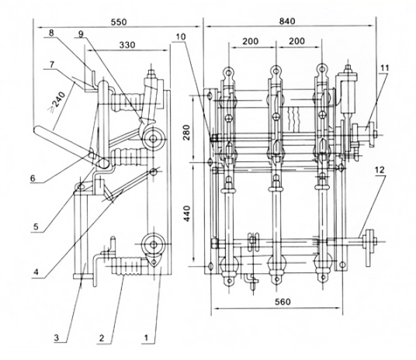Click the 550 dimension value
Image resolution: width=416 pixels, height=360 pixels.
[119, 22]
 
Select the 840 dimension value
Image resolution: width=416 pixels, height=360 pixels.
[287, 21]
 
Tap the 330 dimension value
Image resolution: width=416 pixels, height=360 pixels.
[127, 45]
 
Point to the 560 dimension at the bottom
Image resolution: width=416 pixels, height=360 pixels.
[283, 302]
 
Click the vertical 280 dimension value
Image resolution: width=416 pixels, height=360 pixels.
[187, 133]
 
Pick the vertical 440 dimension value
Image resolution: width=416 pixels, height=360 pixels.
[187, 214]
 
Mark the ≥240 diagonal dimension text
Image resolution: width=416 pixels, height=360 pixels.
[58, 102]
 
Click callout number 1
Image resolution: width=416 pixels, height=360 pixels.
[146, 337]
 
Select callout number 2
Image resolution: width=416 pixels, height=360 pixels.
[102, 338]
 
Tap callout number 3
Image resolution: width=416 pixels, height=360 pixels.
[57, 338]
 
